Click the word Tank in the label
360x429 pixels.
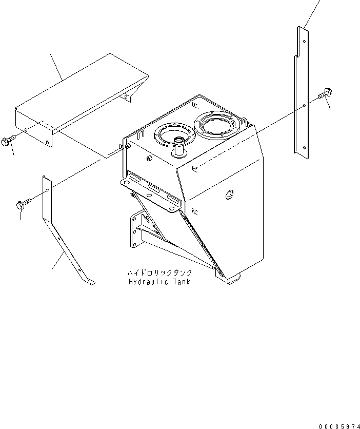tap(180, 282)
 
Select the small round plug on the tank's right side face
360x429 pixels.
tap(229, 194)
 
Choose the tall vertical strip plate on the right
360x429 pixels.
tap(303, 92)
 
